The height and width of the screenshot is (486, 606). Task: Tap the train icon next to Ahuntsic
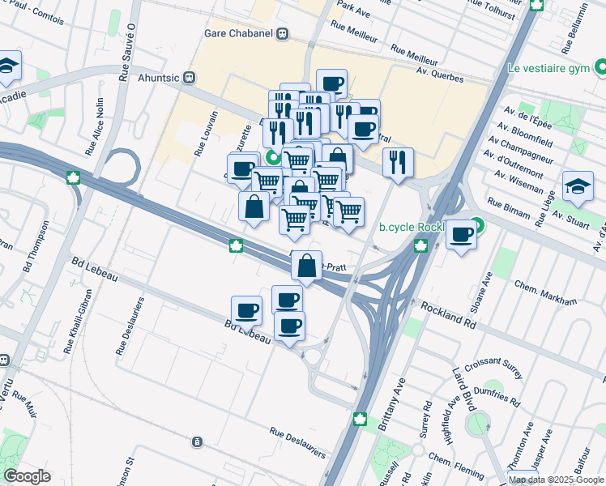tap(190, 78)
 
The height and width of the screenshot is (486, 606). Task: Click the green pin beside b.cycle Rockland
tap(477, 226)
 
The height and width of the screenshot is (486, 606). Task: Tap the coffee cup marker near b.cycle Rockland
tap(461, 236)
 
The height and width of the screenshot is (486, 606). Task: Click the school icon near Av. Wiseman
tap(578, 188)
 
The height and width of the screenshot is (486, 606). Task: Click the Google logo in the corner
tap(28, 475)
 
